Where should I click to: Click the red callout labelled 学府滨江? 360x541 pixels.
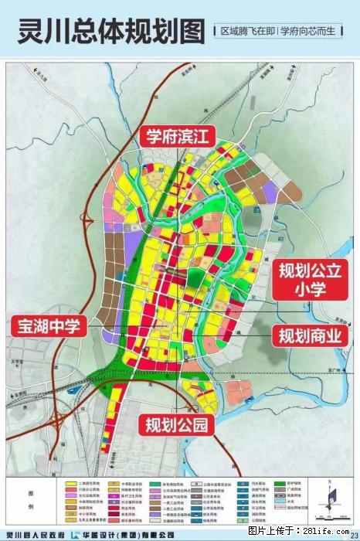click(178, 137)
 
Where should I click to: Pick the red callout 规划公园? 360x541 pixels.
click(175, 424)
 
